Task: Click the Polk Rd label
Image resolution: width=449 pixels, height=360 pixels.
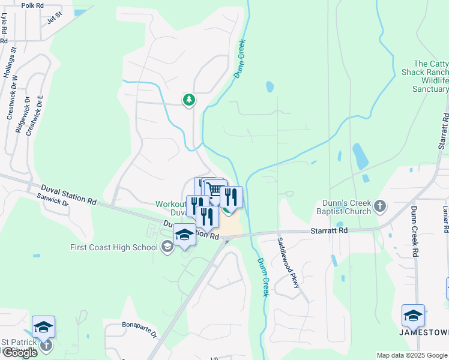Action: coord(32,5)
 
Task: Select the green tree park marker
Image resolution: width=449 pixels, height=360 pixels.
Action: coord(189,99)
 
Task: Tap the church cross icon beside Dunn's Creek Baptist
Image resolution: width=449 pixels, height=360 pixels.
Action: coord(379,207)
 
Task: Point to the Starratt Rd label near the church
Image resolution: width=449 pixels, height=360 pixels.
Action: coord(329,230)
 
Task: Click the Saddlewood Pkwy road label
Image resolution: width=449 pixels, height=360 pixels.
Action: coord(288,262)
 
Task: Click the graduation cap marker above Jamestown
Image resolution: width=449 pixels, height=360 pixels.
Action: coord(413,316)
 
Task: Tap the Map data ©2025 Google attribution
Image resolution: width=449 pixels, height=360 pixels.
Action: coord(412,355)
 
